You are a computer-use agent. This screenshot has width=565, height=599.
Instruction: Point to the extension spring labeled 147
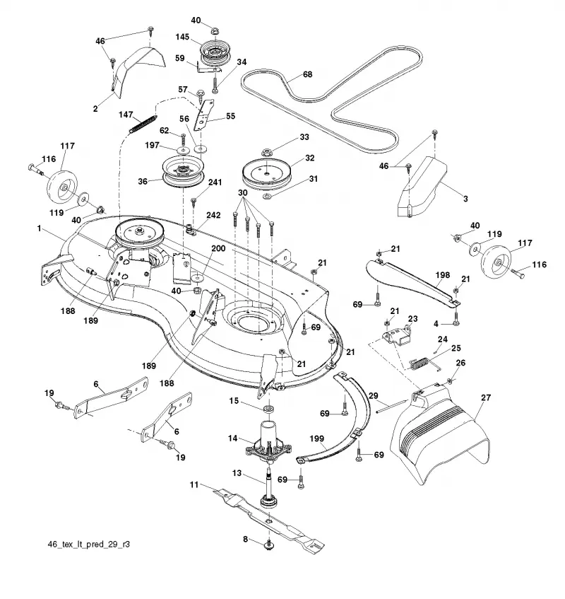pos(143,124)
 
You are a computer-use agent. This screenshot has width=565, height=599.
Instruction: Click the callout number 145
pos(182,37)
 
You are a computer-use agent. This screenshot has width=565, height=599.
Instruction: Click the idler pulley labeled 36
pos(183,172)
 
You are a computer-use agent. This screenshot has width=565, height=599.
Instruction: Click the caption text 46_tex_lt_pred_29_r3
pos(88,544)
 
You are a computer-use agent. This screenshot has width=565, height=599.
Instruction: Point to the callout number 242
pos(213,215)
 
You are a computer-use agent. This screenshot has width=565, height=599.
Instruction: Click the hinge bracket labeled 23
pos(397,337)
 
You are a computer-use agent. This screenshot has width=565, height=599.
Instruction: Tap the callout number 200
pos(218,248)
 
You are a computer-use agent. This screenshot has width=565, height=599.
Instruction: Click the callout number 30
pos(243,193)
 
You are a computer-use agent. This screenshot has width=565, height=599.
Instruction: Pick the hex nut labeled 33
pos(266,153)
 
